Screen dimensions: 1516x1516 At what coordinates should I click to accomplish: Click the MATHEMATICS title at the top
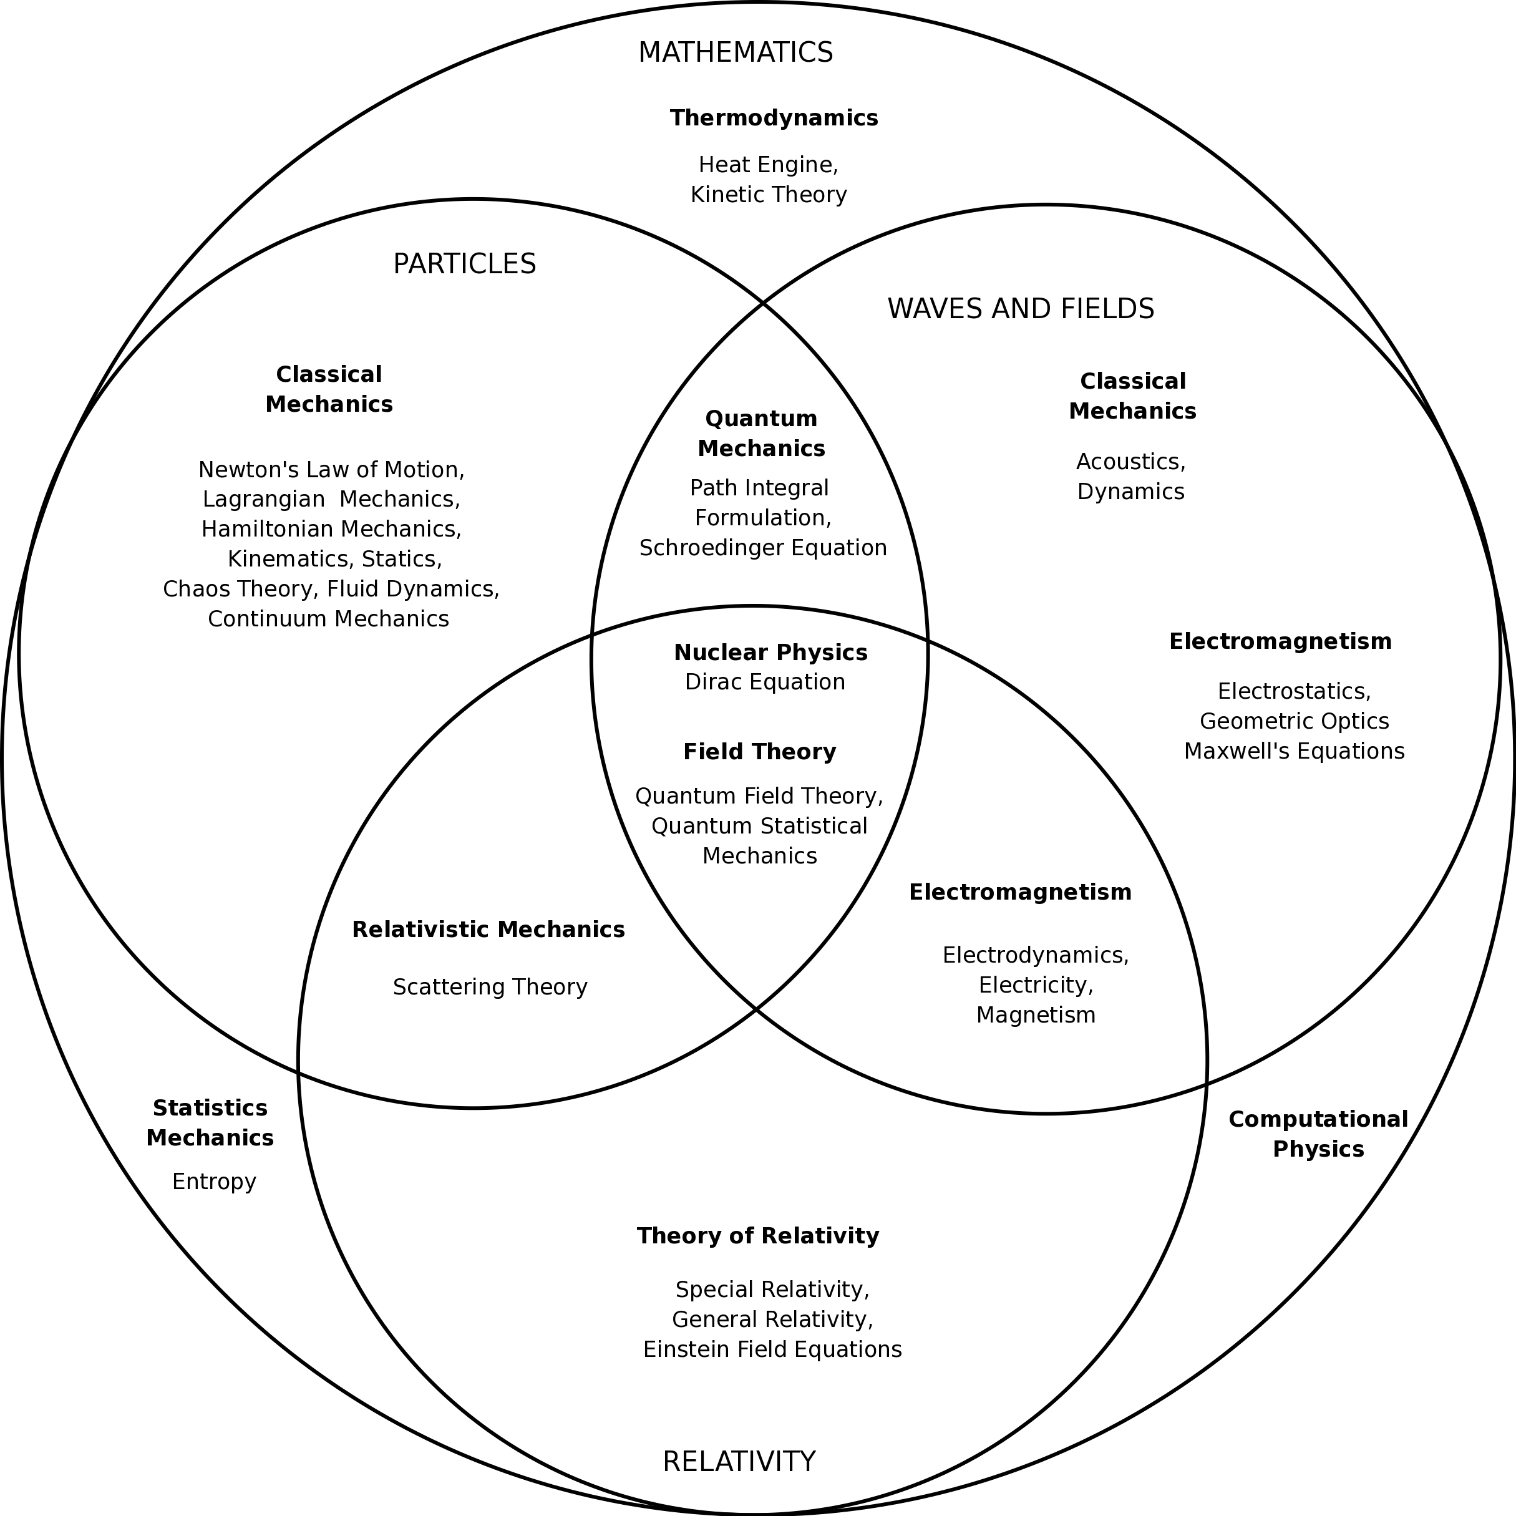(x=736, y=52)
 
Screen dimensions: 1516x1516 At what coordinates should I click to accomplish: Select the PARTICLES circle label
(x=465, y=265)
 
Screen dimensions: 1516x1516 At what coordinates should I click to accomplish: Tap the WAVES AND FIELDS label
(x=1020, y=309)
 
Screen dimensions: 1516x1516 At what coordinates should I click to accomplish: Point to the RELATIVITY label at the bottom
(x=739, y=1462)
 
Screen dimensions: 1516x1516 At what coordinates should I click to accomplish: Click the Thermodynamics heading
(x=774, y=119)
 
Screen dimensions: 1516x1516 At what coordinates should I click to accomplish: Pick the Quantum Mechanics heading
(x=761, y=434)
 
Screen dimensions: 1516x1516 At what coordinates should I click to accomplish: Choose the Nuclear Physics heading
(x=770, y=653)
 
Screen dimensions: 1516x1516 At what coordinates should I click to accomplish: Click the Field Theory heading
(x=760, y=752)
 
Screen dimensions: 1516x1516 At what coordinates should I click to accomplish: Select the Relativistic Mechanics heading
(x=488, y=930)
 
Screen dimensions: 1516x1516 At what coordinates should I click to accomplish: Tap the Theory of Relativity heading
(x=758, y=1236)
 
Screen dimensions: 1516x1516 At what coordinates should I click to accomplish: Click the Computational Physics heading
(x=1318, y=1134)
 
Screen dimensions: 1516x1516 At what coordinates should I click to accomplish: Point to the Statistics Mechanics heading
(x=210, y=1123)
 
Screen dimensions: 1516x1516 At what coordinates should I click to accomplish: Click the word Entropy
(x=214, y=1182)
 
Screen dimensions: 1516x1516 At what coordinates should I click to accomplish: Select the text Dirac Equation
(x=765, y=682)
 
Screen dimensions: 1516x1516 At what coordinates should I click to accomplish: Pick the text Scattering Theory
(x=490, y=987)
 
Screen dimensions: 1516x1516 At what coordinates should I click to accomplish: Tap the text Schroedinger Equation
(x=763, y=548)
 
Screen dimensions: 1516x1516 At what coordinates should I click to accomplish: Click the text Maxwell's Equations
(x=1294, y=751)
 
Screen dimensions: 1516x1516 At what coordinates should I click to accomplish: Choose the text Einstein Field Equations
(x=772, y=1349)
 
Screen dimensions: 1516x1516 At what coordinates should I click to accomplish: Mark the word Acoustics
(x=1130, y=462)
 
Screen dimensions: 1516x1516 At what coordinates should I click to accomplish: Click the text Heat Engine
(x=768, y=165)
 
